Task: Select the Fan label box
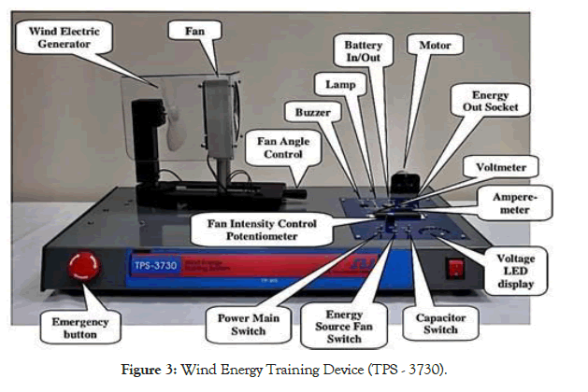pyautogui.click(x=194, y=30)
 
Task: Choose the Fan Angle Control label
pyautogui.click(x=285, y=147)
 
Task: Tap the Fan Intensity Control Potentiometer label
pyautogui.click(x=265, y=230)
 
